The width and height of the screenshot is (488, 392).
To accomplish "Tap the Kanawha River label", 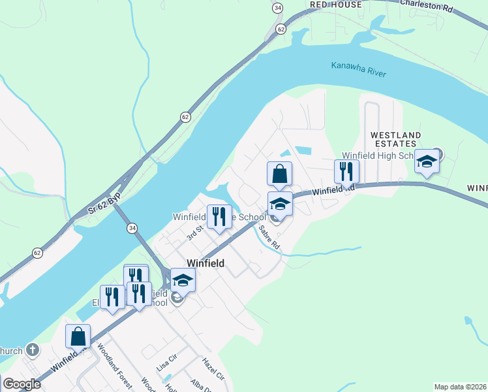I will (x=358, y=69).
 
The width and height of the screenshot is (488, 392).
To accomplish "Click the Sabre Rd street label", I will (x=269, y=237).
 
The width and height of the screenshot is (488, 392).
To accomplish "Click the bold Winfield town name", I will (x=206, y=263).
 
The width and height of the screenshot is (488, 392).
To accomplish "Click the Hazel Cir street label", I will (x=213, y=373).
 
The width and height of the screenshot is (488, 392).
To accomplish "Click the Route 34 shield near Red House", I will (x=279, y=8).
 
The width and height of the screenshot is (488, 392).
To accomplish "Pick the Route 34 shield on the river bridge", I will (x=132, y=227).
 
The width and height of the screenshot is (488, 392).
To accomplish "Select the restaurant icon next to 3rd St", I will (x=219, y=216).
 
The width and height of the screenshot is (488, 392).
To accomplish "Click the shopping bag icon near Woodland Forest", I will (x=78, y=336).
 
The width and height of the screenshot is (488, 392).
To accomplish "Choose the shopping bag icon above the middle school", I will (x=279, y=174).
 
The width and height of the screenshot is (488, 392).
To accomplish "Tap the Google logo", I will (x=22, y=384).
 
